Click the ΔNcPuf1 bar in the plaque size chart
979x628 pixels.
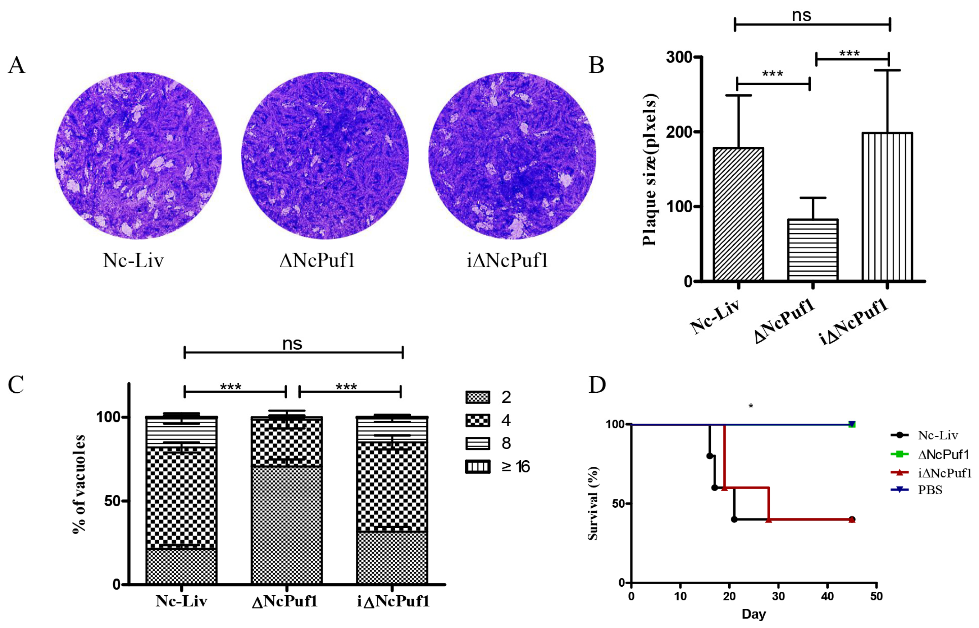coord(812,250)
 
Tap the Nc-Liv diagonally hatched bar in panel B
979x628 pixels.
coord(738,214)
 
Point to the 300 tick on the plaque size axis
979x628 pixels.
coord(679,57)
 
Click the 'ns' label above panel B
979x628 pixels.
coord(801,15)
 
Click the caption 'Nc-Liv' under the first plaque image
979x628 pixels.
coord(133,260)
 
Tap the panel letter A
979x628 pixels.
coord(17,65)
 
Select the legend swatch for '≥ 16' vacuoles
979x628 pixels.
coord(477,467)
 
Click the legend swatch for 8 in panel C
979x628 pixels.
coord(477,443)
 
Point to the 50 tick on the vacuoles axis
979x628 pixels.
coord(112,501)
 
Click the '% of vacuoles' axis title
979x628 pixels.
coord(79,484)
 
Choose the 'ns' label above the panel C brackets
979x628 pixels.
coord(292,344)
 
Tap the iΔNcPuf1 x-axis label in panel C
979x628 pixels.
coord(393,601)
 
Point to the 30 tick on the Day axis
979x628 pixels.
coord(778,596)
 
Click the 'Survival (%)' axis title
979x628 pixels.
coord(593,503)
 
